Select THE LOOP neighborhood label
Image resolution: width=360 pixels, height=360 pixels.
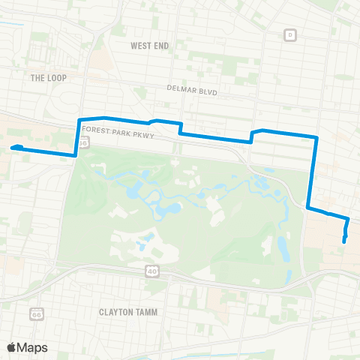(49, 77)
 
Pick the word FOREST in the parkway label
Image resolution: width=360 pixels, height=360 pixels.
(95, 129)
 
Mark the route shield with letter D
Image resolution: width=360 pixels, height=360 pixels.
(290, 34)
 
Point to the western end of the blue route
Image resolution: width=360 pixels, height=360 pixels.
(13, 148)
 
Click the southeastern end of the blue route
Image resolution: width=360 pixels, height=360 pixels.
(343, 241)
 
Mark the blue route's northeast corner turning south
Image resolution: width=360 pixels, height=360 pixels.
(317, 137)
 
